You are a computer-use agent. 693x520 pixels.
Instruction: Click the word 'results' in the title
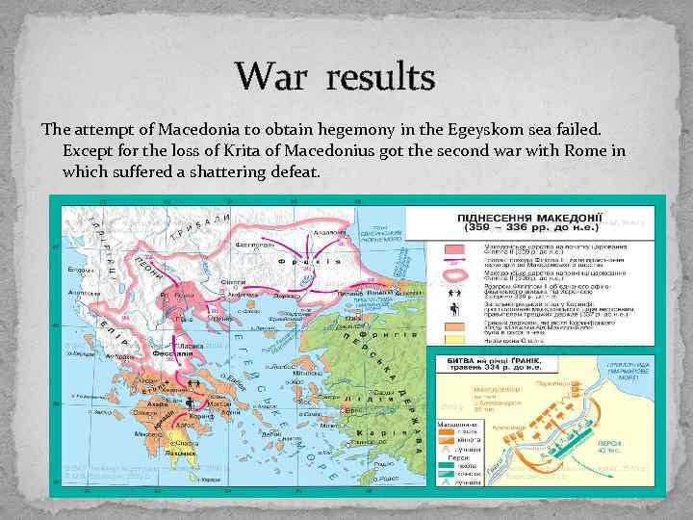[379, 76]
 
